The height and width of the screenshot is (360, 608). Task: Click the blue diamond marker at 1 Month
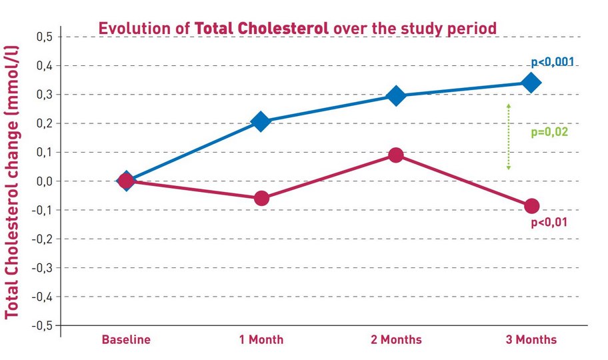[261, 121]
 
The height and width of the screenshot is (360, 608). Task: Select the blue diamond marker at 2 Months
[395, 95]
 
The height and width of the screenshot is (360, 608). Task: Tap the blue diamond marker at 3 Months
[531, 83]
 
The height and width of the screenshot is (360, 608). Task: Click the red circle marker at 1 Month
[261, 198]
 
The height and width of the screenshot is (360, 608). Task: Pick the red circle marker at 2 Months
[395, 155]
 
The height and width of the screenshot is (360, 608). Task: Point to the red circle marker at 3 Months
[531, 206]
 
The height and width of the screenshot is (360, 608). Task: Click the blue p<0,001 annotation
[553, 63]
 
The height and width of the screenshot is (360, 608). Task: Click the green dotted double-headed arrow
[508, 137]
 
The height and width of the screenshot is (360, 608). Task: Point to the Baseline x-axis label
[126, 340]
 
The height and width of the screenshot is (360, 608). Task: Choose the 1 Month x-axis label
[261, 340]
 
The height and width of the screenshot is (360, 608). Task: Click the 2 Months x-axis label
[396, 340]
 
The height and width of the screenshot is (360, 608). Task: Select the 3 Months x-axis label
[531, 340]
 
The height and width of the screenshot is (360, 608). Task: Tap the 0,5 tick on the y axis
[45, 37]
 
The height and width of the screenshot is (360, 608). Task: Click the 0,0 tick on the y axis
[45, 181]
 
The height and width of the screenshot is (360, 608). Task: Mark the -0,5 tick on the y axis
[42, 325]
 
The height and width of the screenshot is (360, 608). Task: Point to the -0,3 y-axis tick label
[42, 267]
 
